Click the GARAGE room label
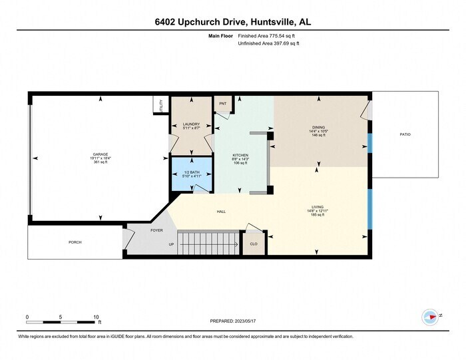pos(101,154)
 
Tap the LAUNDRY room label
pos(191,124)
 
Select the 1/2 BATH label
pos(191,172)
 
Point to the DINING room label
pos(319,127)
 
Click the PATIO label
pos(405,134)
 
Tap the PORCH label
pos(75,242)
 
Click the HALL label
pos(221,212)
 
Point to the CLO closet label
pos(254,244)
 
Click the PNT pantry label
pos(222,103)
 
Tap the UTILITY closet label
pos(160,106)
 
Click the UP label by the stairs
pos(171,244)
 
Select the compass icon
pos(430,316)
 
